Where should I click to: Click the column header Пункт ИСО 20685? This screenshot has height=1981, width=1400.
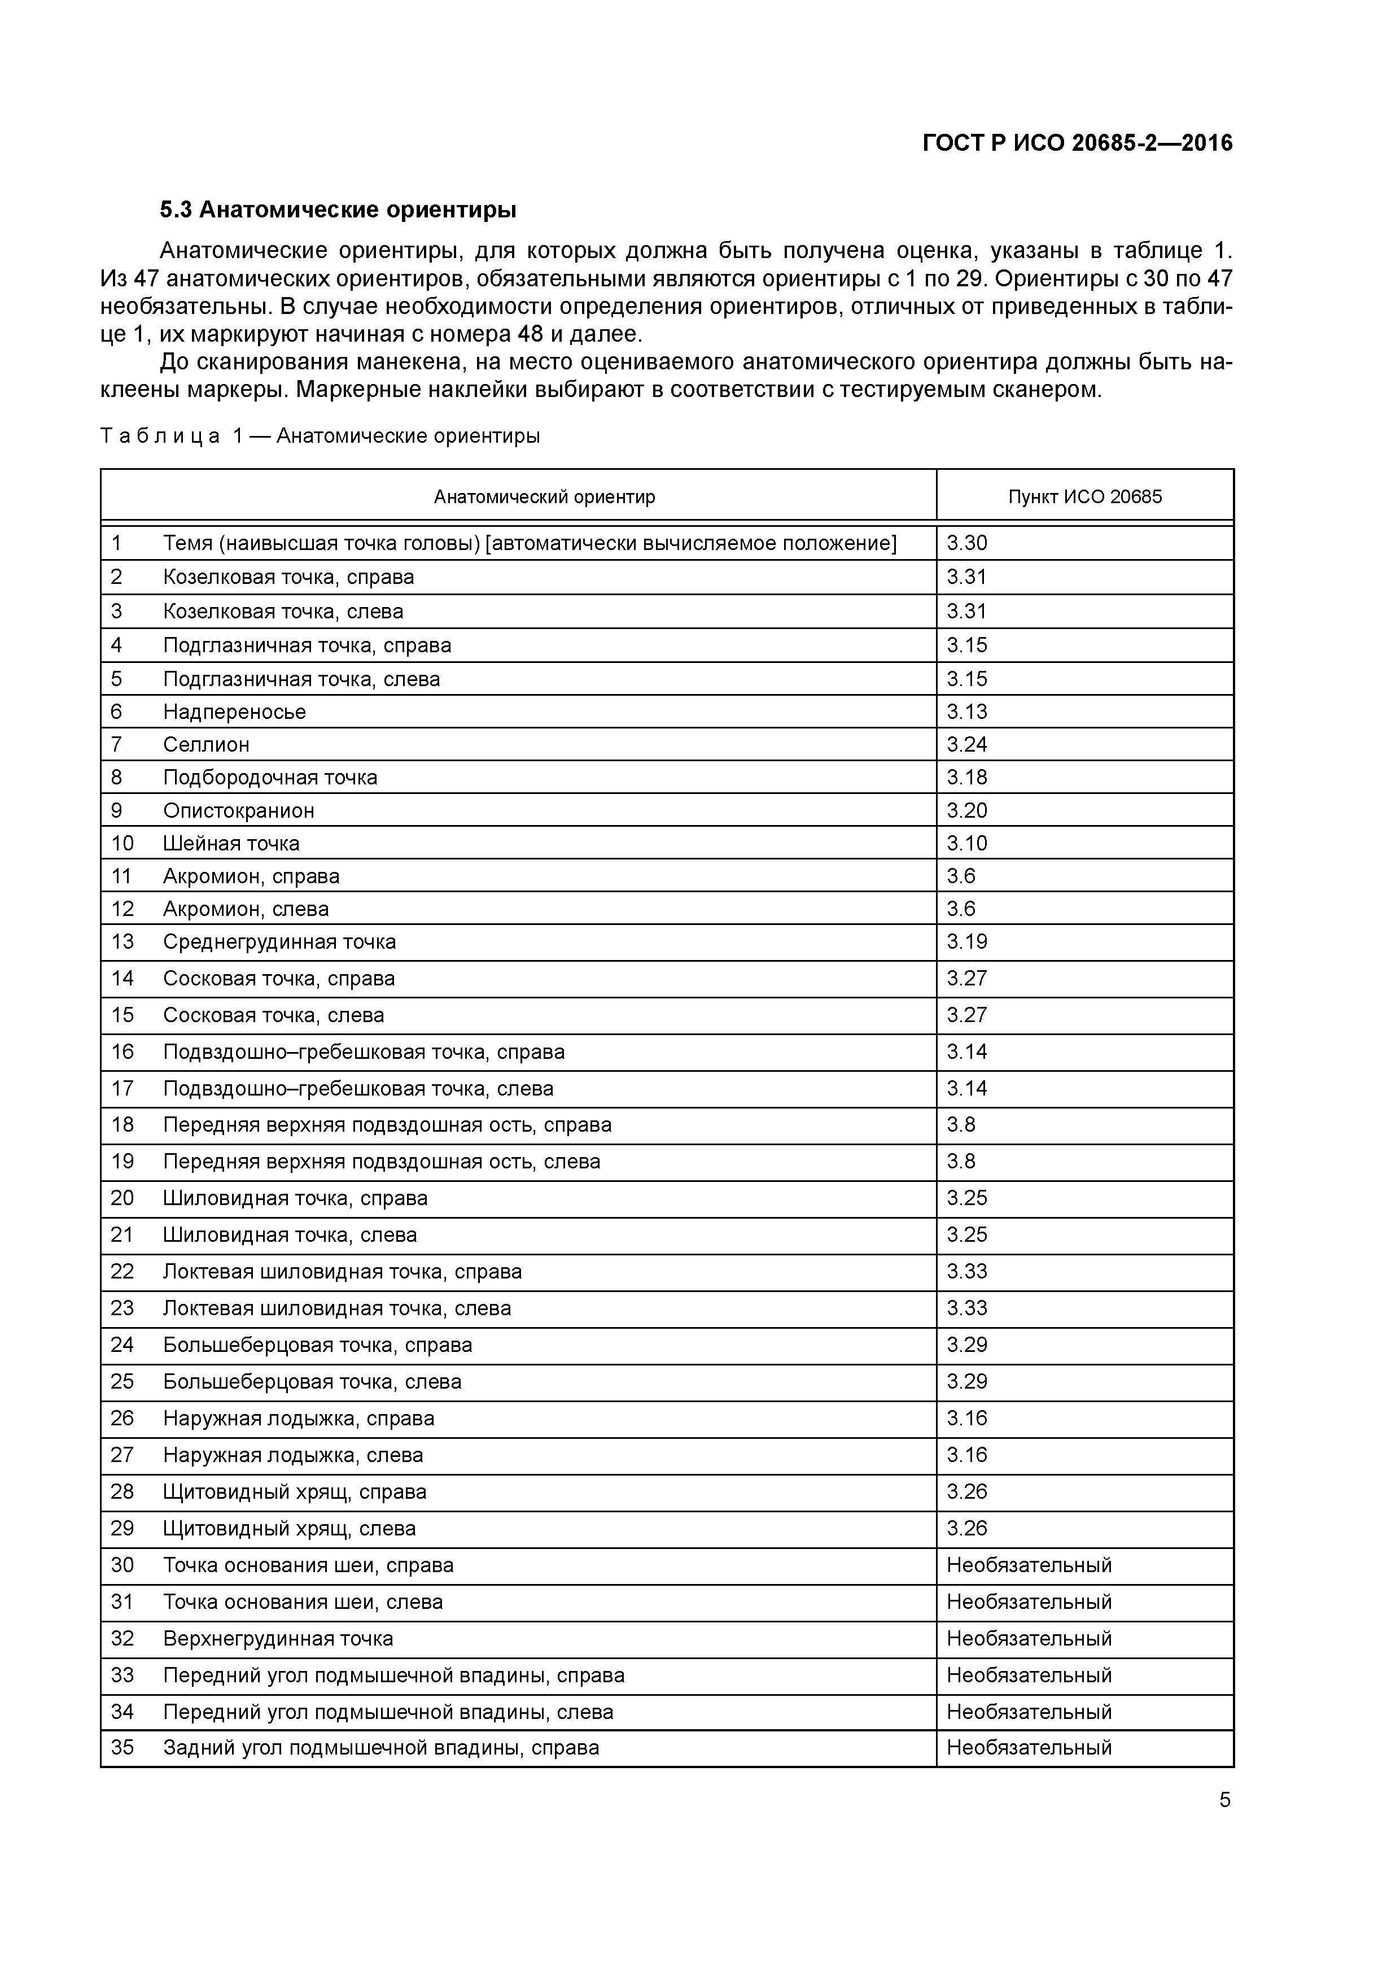(x=1084, y=497)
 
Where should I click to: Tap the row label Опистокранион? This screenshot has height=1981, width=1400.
(x=238, y=810)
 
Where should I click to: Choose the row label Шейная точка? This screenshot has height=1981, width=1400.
(x=231, y=843)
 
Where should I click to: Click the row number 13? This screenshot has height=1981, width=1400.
(x=123, y=941)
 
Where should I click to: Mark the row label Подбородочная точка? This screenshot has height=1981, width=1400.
(x=270, y=778)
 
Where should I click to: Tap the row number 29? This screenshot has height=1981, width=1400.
(x=123, y=1528)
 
